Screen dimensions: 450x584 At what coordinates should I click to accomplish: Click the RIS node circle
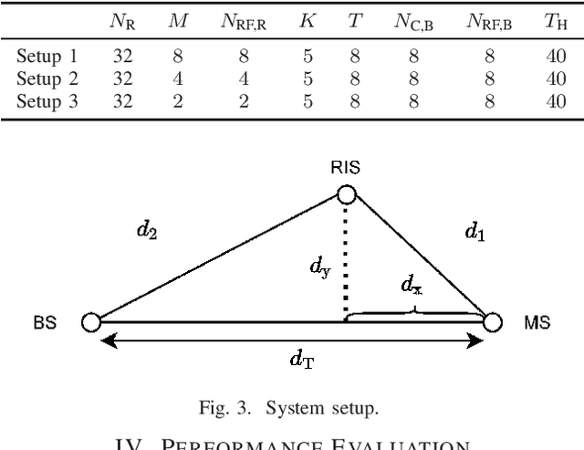pos(346,194)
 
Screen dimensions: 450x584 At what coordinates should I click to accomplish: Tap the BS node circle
pos(90,321)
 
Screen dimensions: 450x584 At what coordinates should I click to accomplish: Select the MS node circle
pos(492,321)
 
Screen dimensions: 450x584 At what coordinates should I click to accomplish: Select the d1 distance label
pos(474,232)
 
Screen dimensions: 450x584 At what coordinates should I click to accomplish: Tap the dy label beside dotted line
pos(320,267)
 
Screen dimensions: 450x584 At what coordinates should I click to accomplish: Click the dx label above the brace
pos(412,286)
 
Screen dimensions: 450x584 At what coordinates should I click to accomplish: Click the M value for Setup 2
pos(178,79)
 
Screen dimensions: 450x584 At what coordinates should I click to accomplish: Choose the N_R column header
pos(123,21)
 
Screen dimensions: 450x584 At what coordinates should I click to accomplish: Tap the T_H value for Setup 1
pos(556,58)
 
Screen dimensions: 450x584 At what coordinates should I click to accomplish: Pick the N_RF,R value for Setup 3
pos(243,101)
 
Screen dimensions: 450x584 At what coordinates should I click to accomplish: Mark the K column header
pos(308,20)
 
